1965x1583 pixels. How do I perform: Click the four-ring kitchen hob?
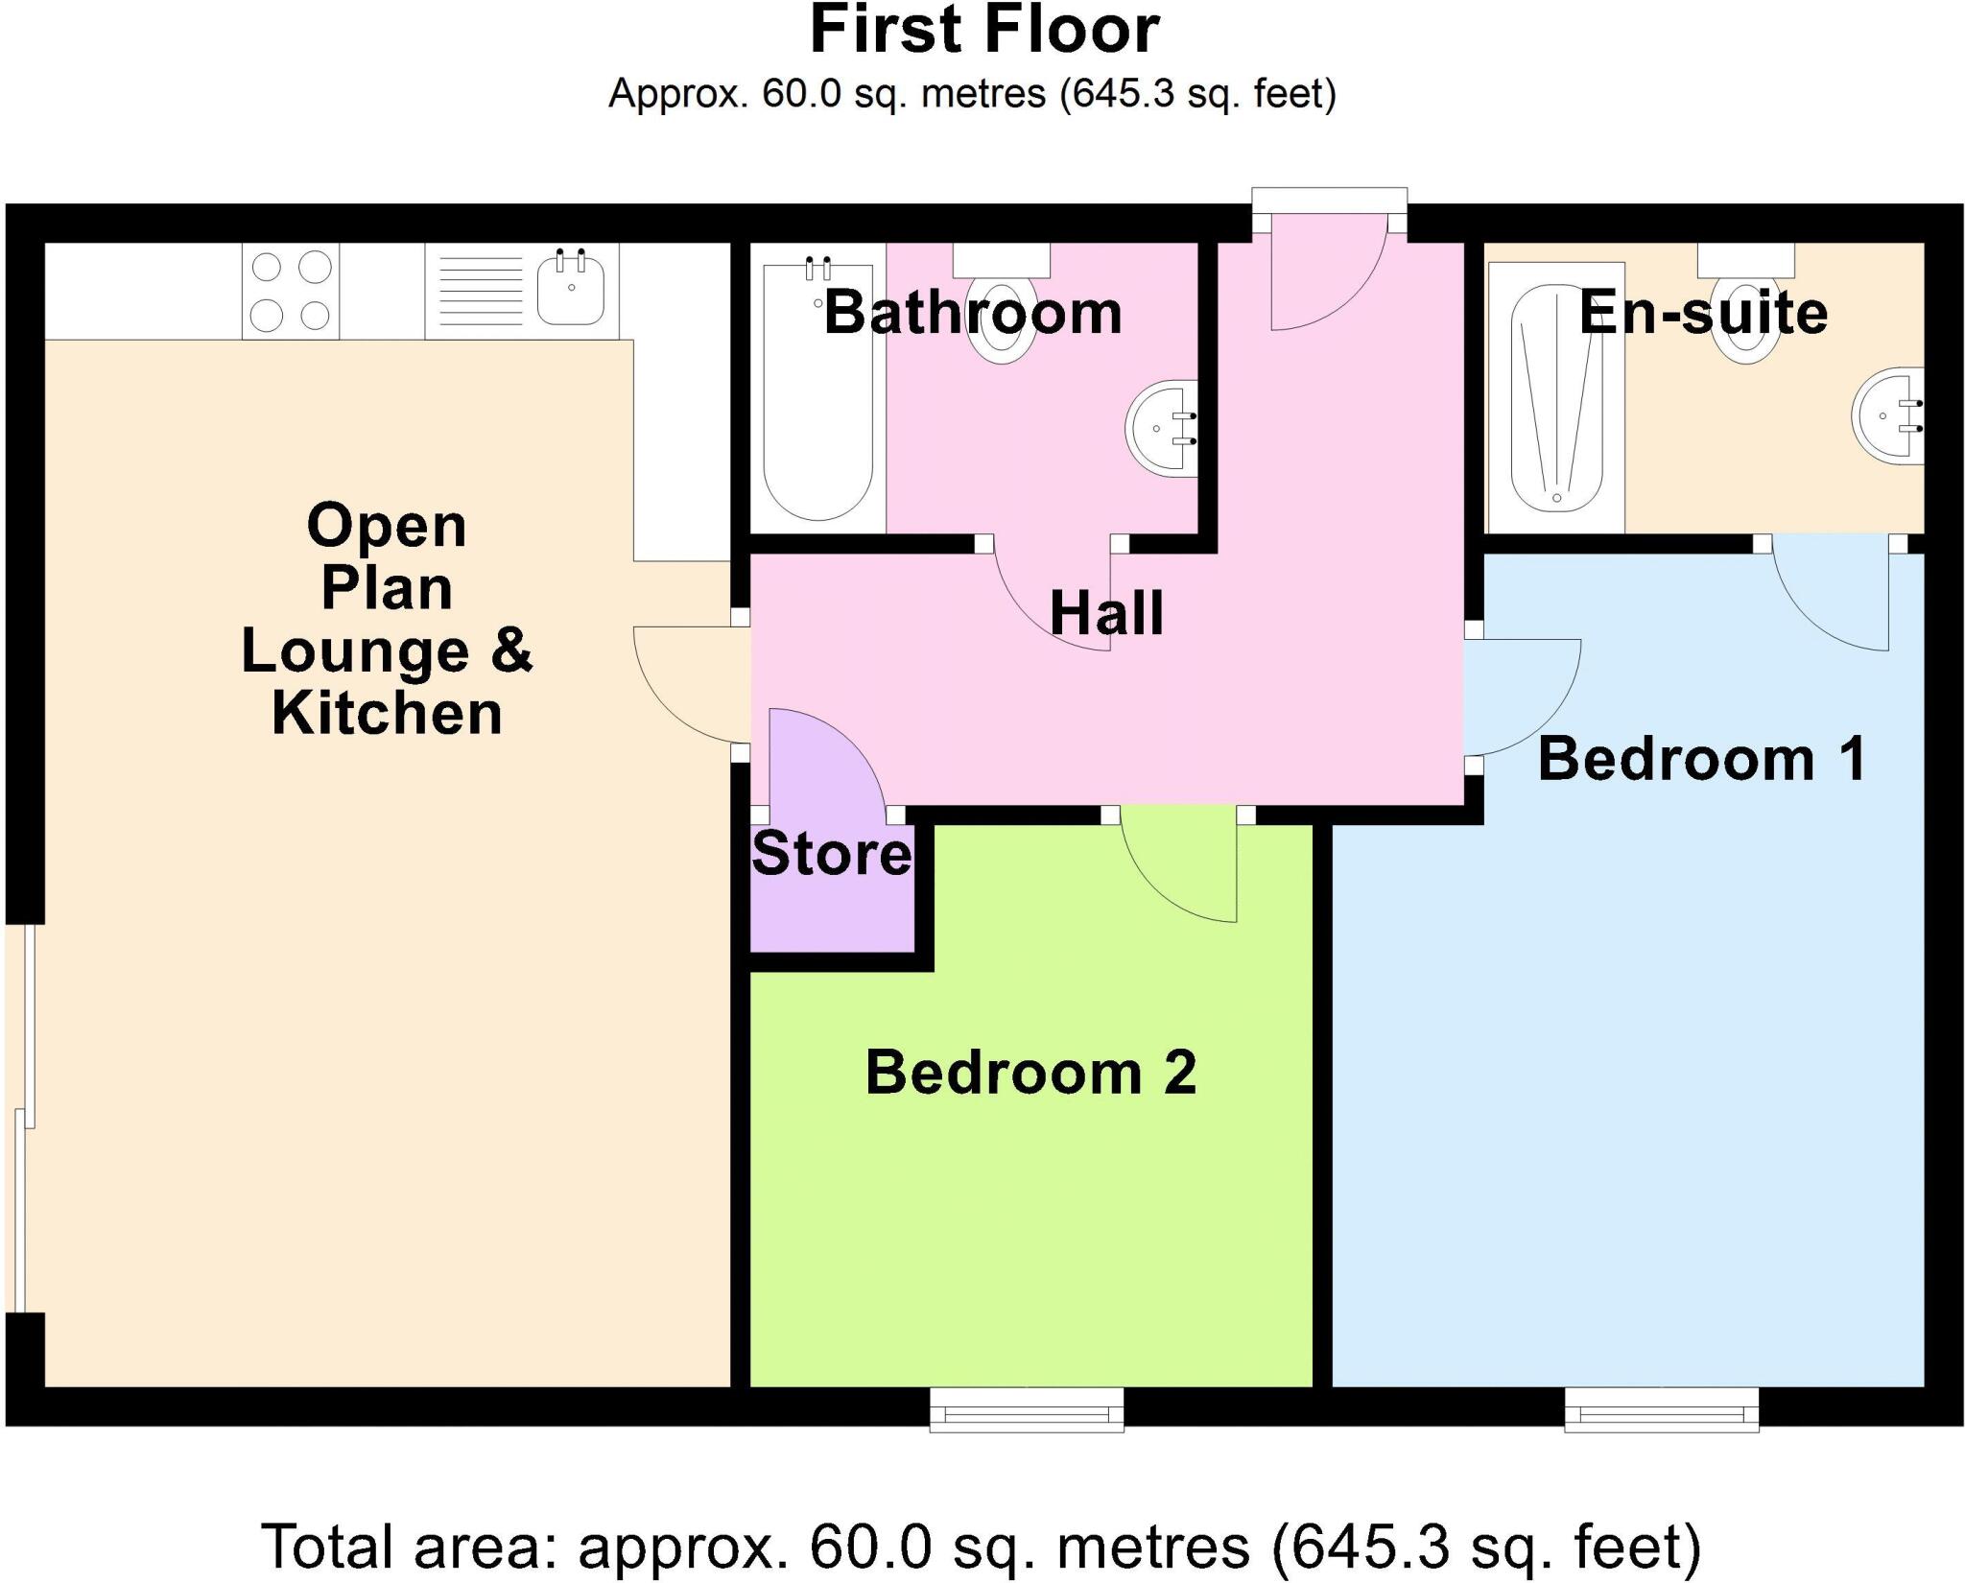pyautogui.click(x=290, y=290)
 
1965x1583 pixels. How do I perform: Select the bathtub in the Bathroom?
pyautogui.click(x=817, y=393)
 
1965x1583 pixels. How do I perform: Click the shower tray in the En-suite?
pyautogui.click(x=1555, y=397)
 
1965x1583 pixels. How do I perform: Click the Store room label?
pyautogui.click(x=831, y=853)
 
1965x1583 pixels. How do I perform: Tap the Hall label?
pyautogui.click(x=1106, y=613)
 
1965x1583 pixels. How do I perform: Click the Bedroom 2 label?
pyautogui.click(x=1030, y=1072)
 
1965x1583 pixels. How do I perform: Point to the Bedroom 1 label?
pyautogui.click(x=1701, y=759)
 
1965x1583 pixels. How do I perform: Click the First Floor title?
pyautogui.click(x=984, y=31)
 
